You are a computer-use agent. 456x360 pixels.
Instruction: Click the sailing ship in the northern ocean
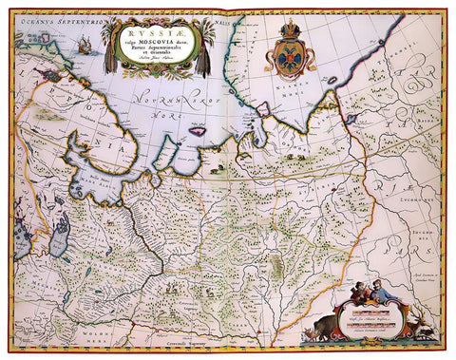(x=85, y=45)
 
